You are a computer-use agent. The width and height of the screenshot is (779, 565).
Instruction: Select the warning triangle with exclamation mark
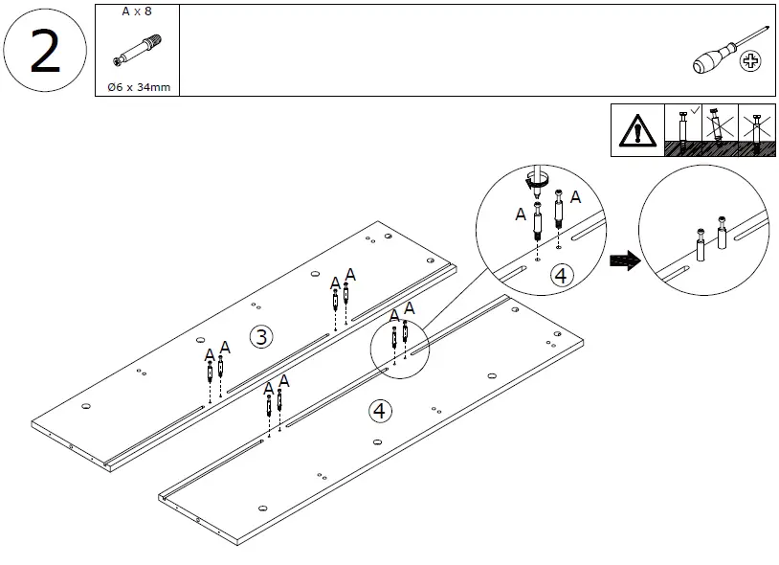tap(635, 131)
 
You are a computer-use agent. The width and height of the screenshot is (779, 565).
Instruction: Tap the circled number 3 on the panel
tap(259, 335)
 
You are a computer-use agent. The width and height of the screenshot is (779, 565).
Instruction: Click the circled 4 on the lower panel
tap(381, 411)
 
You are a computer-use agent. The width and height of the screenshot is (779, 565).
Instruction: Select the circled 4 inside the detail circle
tap(561, 276)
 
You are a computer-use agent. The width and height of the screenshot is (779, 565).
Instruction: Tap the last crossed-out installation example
tap(757, 131)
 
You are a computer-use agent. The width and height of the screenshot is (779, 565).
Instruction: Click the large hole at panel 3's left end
tap(86, 407)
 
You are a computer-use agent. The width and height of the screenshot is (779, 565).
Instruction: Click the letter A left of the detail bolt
tap(521, 215)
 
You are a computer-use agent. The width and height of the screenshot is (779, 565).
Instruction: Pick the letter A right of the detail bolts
tap(575, 196)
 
